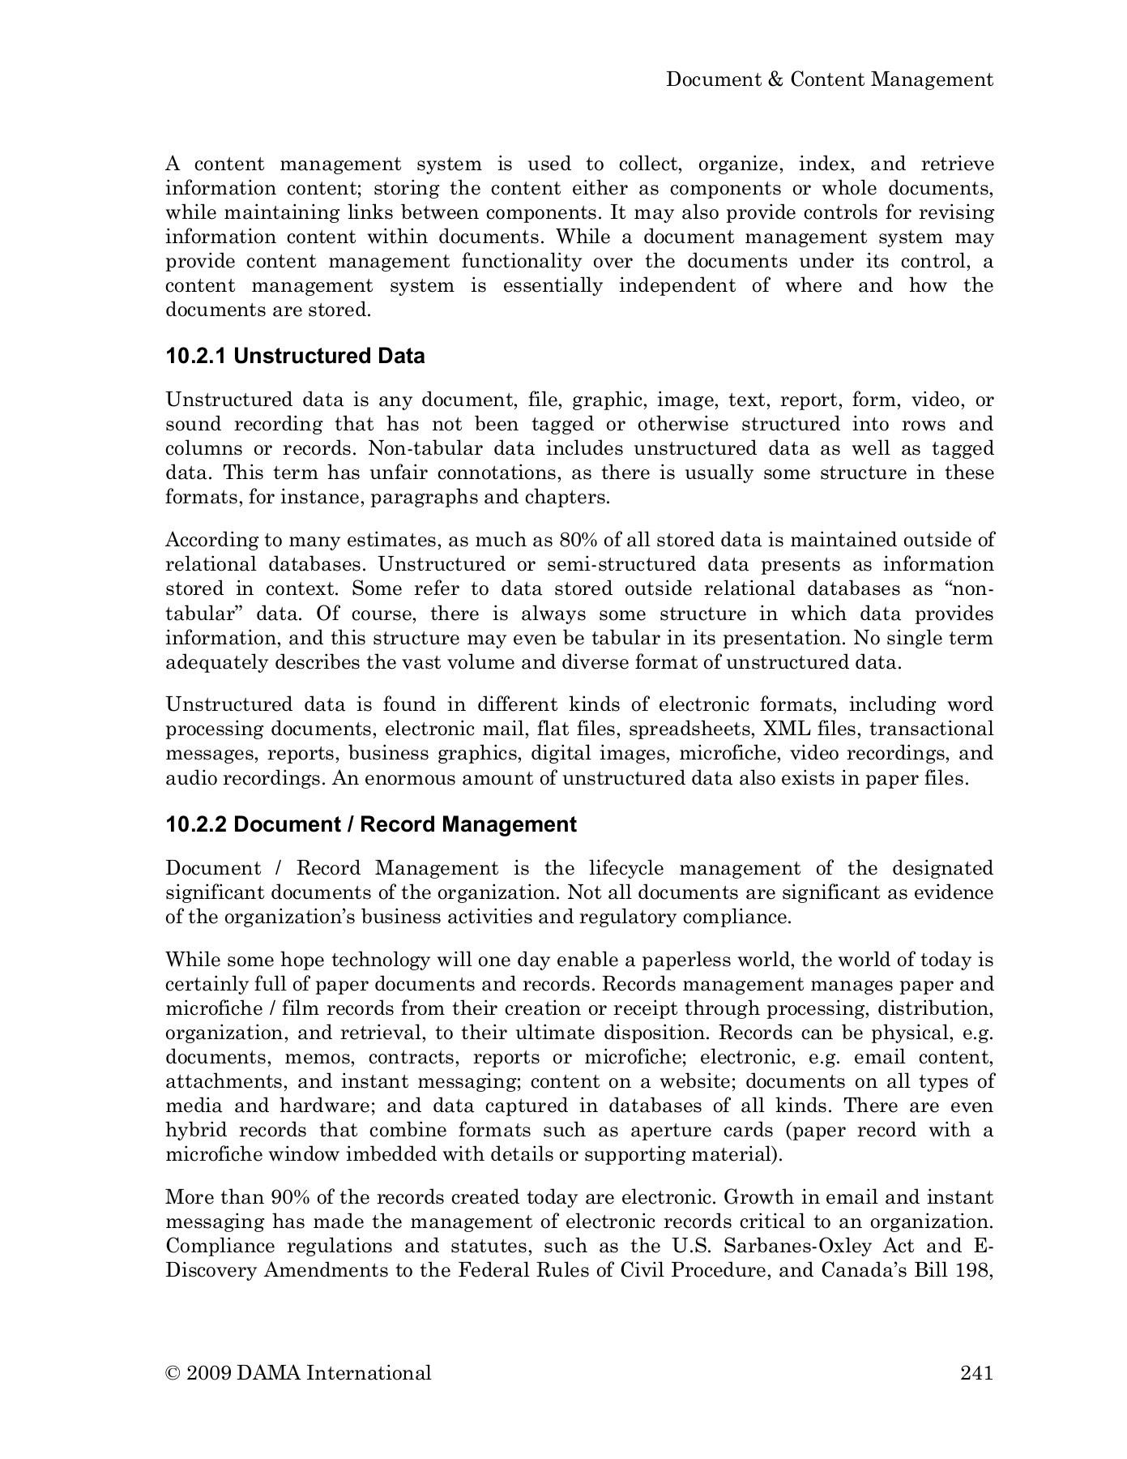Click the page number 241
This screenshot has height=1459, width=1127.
[976, 1372]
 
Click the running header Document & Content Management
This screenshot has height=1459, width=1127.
[829, 79]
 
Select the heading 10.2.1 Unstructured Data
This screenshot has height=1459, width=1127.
[295, 357]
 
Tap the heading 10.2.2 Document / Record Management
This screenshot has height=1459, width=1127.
[371, 824]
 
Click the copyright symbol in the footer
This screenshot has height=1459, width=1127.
[172, 1372]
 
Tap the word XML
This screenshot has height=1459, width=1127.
[788, 729]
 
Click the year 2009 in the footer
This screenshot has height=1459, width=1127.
[208, 1372]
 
